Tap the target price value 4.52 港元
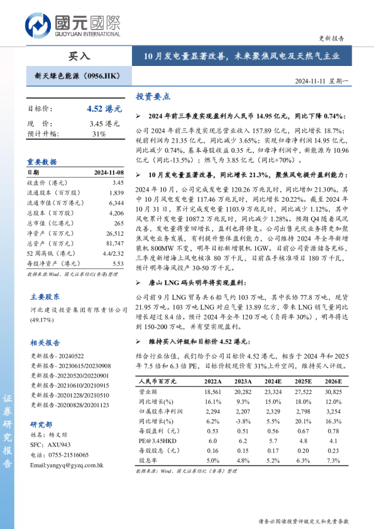[x=104, y=109]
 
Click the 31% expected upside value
[x=99, y=134]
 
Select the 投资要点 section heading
[x=153, y=97]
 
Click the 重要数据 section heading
[x=42, y=161]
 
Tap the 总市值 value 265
[x=118, y=223]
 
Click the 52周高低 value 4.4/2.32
[x=113, y=253]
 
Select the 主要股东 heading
[x=45, y=296]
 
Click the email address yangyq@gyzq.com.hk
[x=66, y=465]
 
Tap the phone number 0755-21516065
[x=69, y=455]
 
